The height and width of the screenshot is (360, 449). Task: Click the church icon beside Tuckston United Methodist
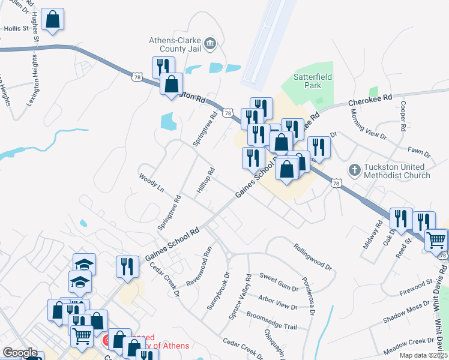pyautogui.click(x=354, y=170)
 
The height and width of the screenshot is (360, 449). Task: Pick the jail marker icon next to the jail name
pyautogui.click(x=210, y=42)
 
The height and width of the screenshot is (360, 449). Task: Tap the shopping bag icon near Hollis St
pyautogui.click(x=53, y=19)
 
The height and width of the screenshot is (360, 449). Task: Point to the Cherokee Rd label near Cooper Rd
pyautogui.click(x=370, y=100)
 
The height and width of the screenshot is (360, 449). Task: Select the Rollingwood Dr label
pyautogui.click(x=313, y=257)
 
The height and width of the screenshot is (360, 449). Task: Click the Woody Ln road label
pyautogui.click(x=151, y=182)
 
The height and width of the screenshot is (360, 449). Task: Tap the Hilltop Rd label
pyautogui.click(x=205, y=181)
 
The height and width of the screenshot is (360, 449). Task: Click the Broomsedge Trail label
pyautogui.click(x=272, y=319)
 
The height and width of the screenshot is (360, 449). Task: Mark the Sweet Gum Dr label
pyautogui.click(x=279, y=280)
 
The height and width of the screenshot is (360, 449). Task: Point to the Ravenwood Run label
pyautogui.click(x=200, y=266)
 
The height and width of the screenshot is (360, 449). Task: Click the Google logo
pyautogui.click(x=20, y=353)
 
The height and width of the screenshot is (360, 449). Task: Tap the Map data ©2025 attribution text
pyautogui.click(x=424, y=355)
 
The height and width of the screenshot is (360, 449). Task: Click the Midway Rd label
pyautogui.click(x=372, y=235)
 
